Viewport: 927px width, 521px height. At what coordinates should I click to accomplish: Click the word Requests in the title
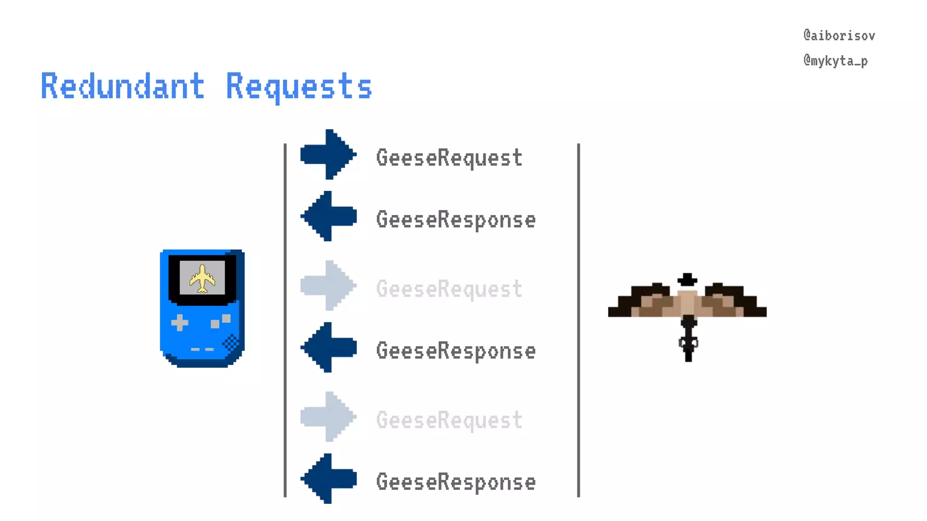[x=299, y=86]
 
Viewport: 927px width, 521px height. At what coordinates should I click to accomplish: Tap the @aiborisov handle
[x=839, y=36]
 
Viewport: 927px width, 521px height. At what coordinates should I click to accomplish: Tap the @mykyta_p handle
[x=836, y=61]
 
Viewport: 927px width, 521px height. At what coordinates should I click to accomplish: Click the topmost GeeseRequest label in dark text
[x=449, y=158]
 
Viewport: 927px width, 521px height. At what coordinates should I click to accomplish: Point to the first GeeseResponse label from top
[x=455, y=220]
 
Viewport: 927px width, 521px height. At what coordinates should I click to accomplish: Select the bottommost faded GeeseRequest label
[x=449, y=420]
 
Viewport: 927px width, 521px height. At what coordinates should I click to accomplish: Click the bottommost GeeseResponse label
[x=455, y=482]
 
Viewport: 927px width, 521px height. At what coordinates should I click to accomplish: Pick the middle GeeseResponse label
[x=455, y=351]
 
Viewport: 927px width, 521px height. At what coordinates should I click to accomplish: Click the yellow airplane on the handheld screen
[x=202, y=278]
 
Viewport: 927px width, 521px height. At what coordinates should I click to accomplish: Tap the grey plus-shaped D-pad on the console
[x=180, y=323]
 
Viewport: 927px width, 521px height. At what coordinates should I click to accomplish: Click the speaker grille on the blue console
[x=231, y=343]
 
